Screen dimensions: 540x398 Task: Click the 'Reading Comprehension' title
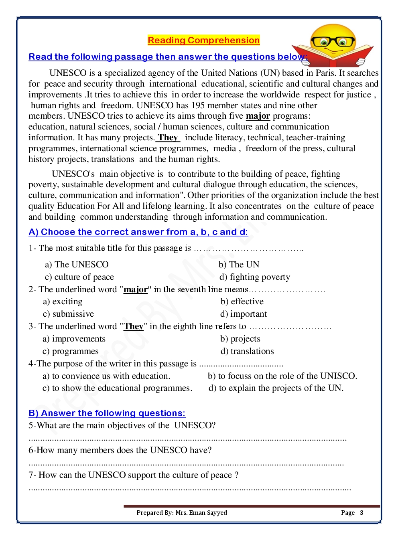coord(203,40)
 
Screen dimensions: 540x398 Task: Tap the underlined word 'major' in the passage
coord(258,116)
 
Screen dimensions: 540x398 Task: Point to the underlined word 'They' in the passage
coord(168,138)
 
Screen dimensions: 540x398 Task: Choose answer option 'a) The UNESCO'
coord(77,265)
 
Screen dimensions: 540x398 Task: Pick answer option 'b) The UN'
coord(239,265)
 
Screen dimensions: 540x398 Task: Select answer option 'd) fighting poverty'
coord(255,277)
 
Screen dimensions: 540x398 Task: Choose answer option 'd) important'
coord(244,314)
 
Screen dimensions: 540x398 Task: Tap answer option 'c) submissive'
coord(69,314)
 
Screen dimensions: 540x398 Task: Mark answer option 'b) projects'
coord(240,339)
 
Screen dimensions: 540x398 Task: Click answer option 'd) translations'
coord(247,351)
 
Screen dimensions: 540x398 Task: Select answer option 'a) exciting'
coord(63,301)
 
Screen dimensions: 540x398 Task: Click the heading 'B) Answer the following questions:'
coord(107,413)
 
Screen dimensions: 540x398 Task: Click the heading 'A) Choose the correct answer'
coord(138,232)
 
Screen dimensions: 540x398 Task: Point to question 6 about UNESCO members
coord(120,450)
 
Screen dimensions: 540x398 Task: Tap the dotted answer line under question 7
coord(190,489)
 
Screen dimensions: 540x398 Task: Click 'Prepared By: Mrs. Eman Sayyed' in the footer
coord(182,513)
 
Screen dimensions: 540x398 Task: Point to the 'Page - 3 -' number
coord(354,513)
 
